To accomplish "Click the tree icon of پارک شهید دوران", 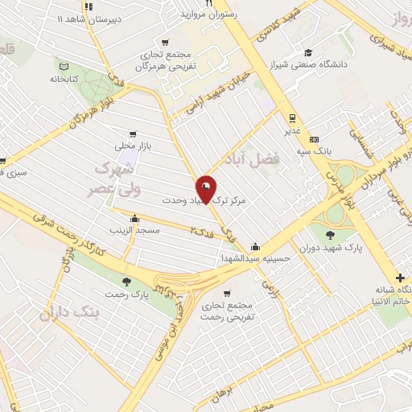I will [332, 234].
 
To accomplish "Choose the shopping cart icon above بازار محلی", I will [132, 134].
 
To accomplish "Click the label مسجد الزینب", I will [136, 231].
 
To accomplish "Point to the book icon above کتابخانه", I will [67, 66].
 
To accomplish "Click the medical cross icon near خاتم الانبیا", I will [401, 278].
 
